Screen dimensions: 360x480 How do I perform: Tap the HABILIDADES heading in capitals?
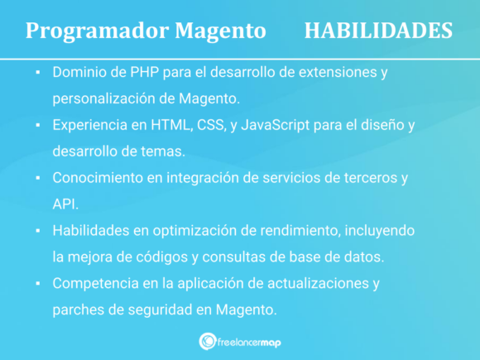coord(378,31)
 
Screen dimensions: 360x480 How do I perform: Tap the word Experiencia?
coord(90,125)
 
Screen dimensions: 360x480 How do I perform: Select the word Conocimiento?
coord(98,178)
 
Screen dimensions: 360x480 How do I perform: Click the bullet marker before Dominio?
coord(37,73)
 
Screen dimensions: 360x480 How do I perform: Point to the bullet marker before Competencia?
coord(37,284)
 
